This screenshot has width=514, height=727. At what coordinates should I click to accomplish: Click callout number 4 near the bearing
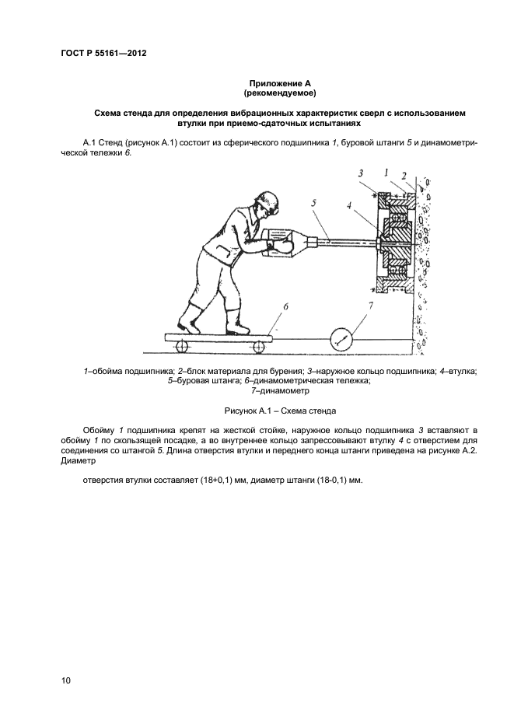[351, 206]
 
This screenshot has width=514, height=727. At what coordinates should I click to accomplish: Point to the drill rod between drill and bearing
[342, 241]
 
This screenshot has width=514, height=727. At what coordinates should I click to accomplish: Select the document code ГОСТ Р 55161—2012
[103, 54]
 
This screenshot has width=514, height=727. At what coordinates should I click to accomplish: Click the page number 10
[66, 680]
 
